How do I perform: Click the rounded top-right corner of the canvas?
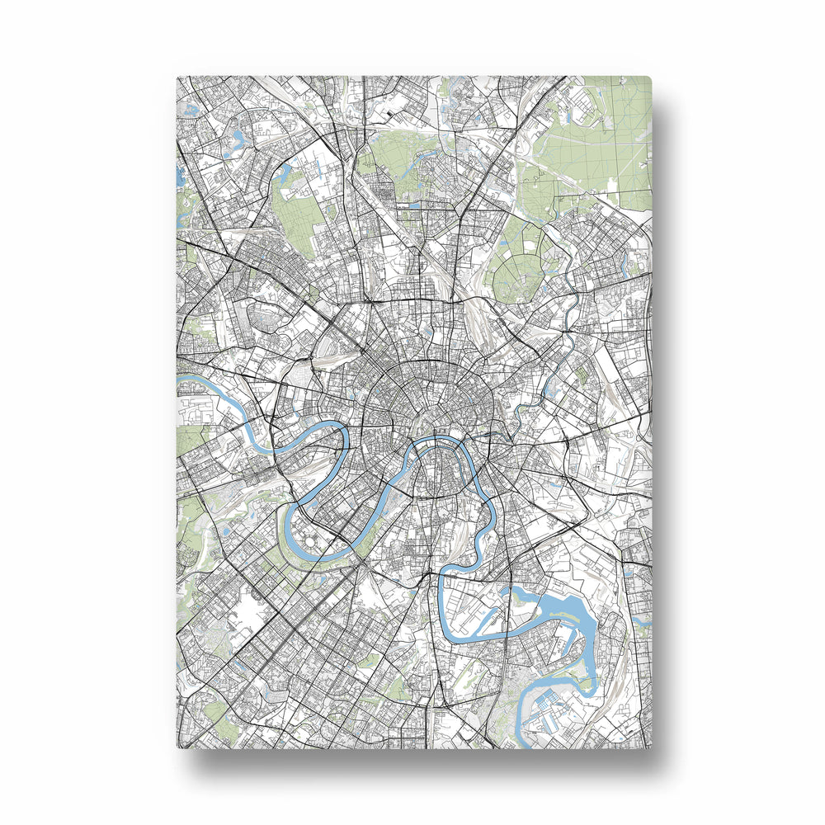pos(649,79)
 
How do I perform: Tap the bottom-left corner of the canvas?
pos(178,747)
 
